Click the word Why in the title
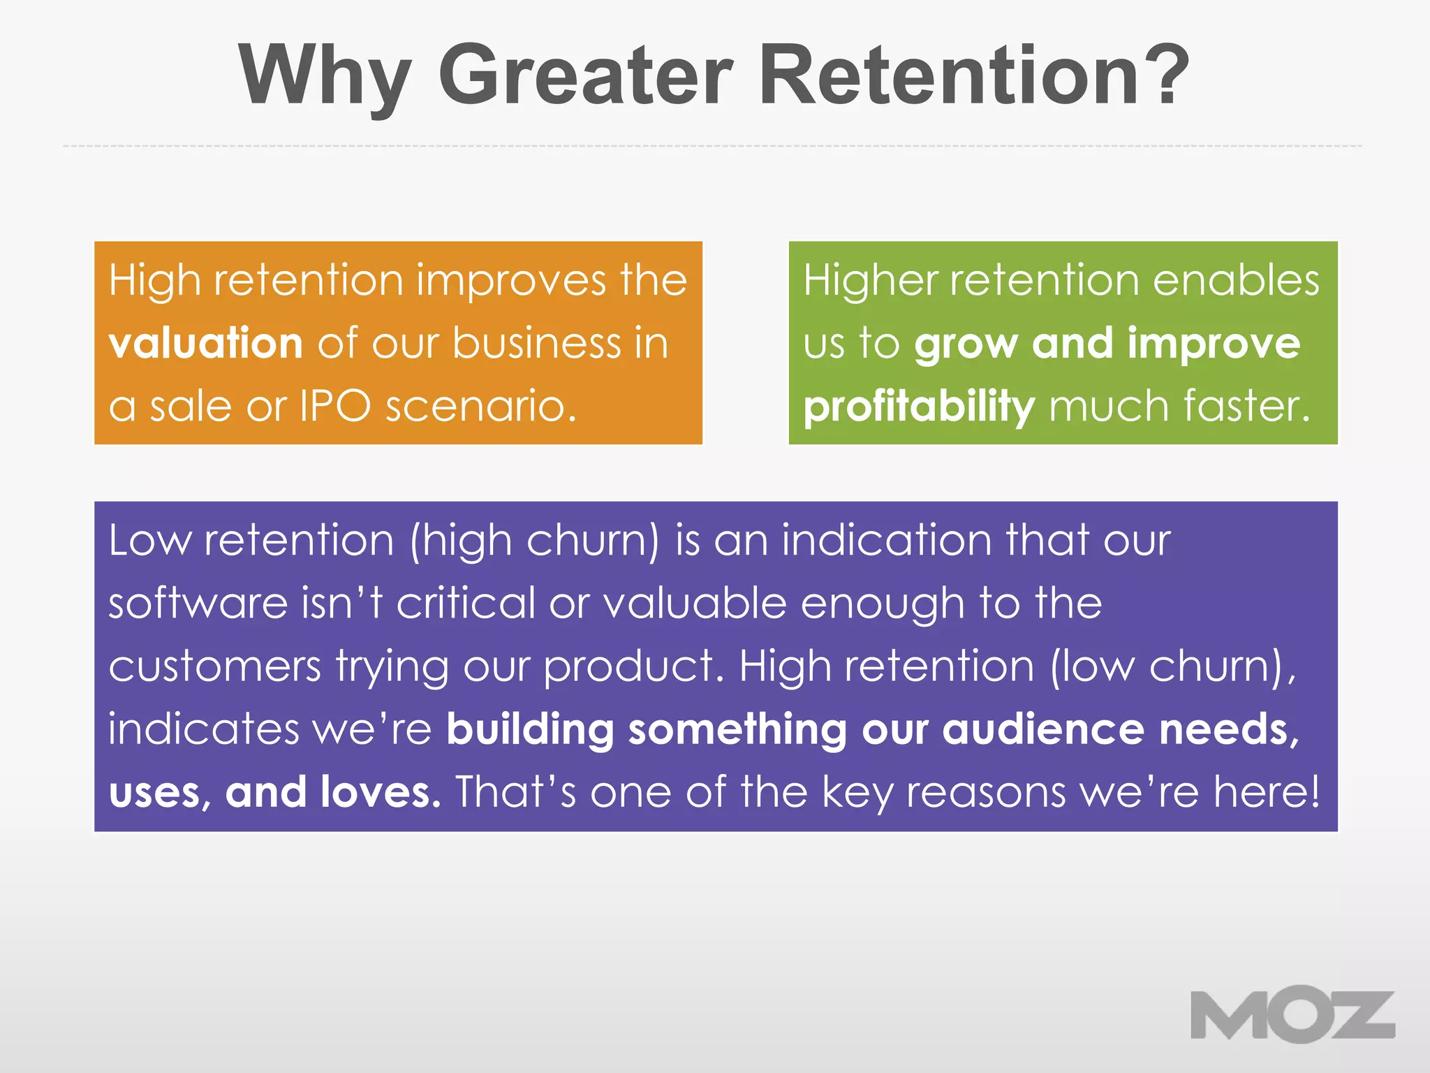[324, 75]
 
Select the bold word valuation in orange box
[206, 344]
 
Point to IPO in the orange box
[335, 406]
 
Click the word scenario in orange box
[480, 406]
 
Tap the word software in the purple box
[198, 603]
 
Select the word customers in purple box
[214, 666]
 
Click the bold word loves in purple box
[381, 792]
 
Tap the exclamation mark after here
[1314, 792]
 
